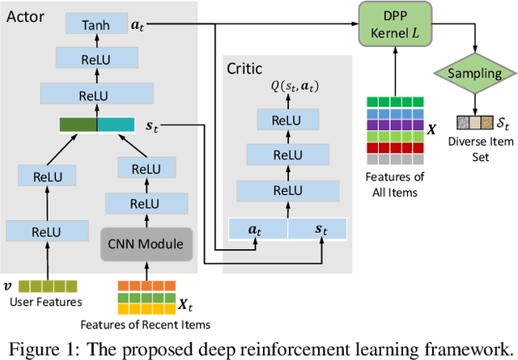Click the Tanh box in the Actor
coord(96,27)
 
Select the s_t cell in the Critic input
coord(316,228)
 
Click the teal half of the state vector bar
coord(117,125)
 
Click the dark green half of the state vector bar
coord(79,125)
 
